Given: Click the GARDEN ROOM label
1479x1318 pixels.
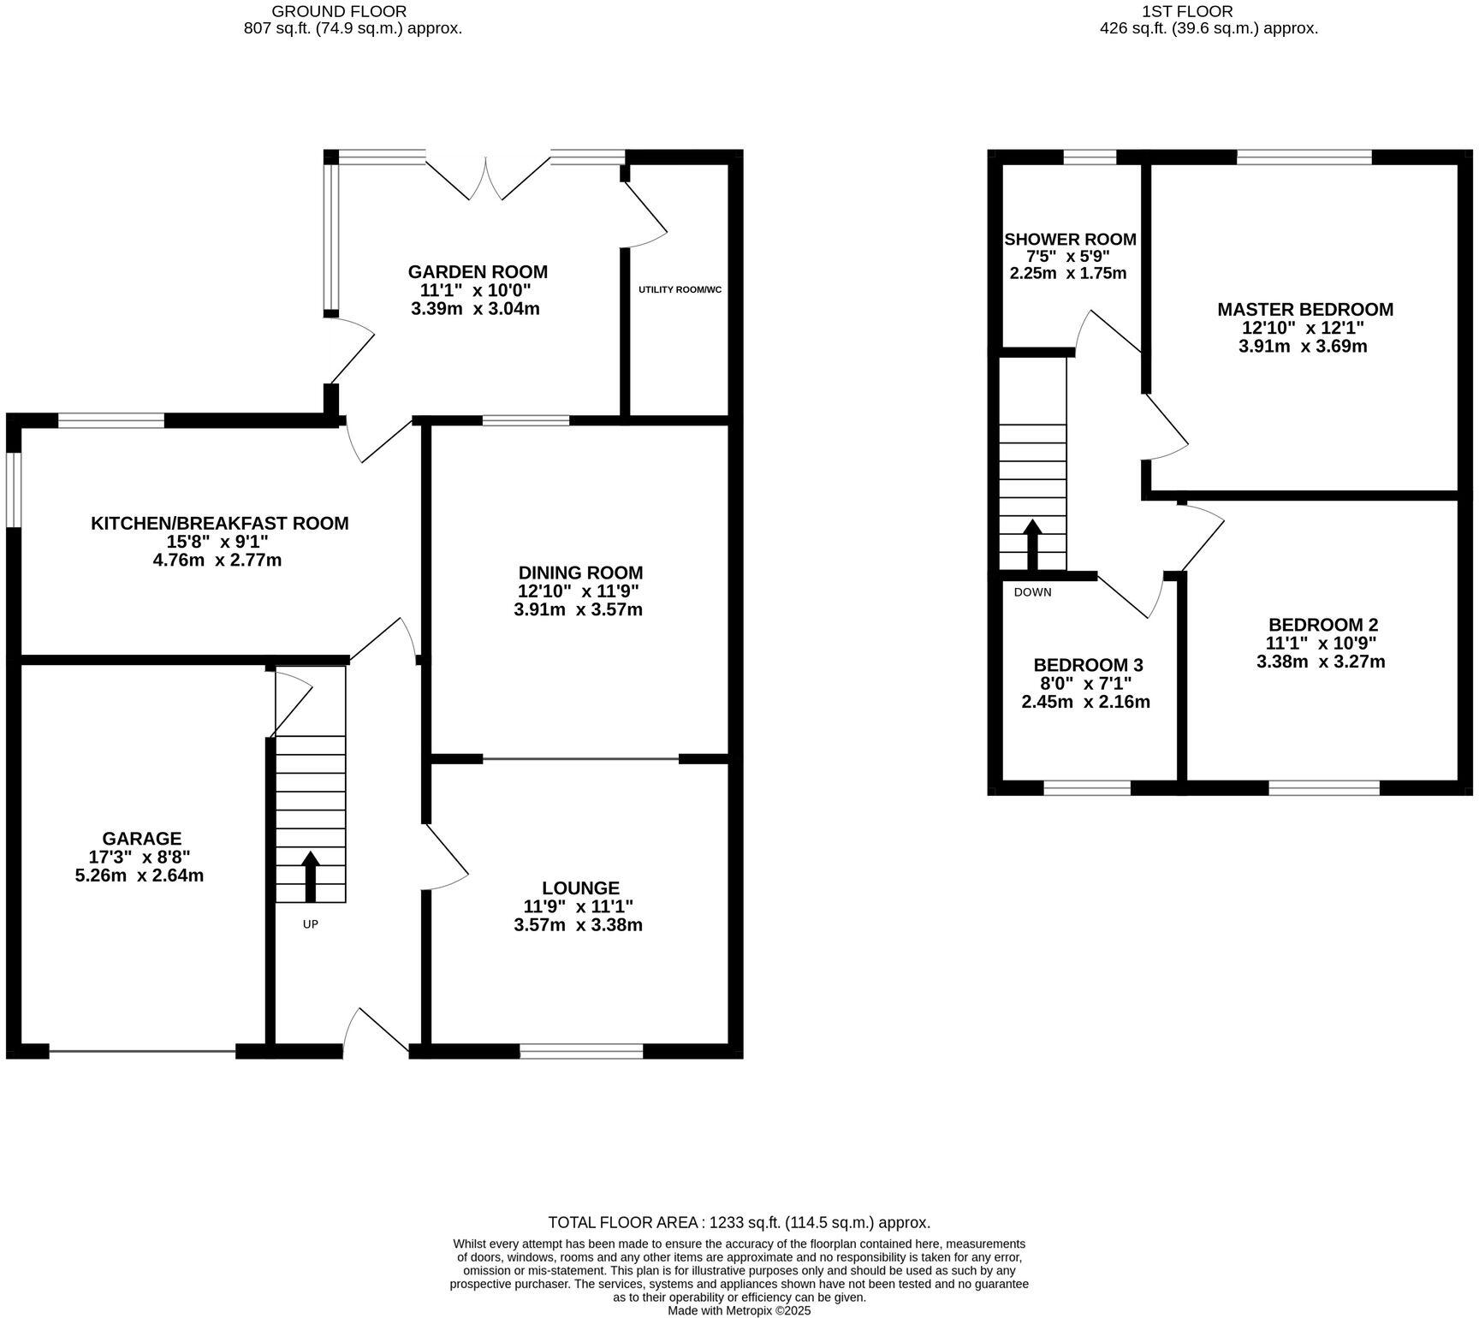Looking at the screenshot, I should pos(477,272).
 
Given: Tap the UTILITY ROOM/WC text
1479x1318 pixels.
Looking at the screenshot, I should pos(680,289).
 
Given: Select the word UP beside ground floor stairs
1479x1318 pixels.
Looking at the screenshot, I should pos(310,924).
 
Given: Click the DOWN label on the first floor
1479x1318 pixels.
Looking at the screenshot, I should pos(1032,592).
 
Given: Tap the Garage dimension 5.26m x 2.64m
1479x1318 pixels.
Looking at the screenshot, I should pos(140,876).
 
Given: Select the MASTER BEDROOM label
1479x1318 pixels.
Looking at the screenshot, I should pos(1304,309).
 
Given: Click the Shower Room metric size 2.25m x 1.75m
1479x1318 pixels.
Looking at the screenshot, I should pos(1068,274).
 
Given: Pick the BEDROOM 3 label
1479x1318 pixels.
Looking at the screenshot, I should pos(1087,665).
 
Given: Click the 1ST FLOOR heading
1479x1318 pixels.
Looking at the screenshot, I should pos(1209,11).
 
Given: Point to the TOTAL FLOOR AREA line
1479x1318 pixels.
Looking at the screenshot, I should pos(739,1223).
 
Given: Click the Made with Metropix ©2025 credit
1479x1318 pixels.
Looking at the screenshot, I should pos(739,1310).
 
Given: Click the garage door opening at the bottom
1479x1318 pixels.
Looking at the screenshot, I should pos(142,1051).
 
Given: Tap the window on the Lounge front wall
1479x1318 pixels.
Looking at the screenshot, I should pos(581,1051).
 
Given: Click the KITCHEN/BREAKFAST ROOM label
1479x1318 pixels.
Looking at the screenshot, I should pos(220,523).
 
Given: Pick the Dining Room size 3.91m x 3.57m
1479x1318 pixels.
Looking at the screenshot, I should pos(579,610).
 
